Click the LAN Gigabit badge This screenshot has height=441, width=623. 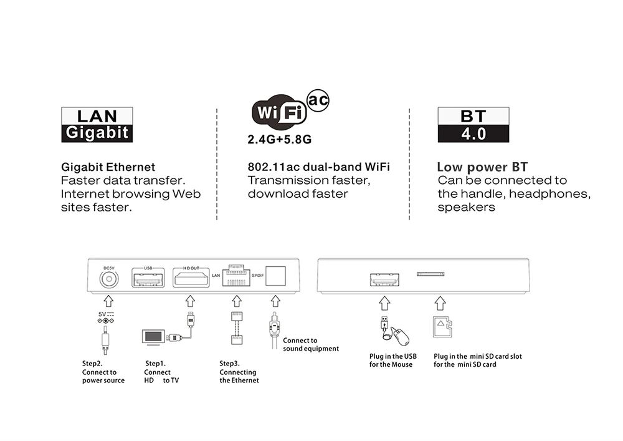pos(97,125)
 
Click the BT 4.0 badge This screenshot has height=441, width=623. pos(473,125)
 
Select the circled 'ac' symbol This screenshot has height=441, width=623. pos(318,100)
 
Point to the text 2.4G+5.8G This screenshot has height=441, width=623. pos(279,140)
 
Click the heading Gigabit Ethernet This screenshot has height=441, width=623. pos(108,167)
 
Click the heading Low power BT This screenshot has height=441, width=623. pos(482,167)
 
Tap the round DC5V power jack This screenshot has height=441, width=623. pos(109,279)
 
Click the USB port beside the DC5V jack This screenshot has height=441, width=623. pos(148,278)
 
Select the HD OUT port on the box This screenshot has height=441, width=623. pos(191,278)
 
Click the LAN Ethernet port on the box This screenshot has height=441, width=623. pos(236,276)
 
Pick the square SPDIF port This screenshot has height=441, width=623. pos(276,276)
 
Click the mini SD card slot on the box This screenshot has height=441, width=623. pos(430,274)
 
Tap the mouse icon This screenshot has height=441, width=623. pos(400,336)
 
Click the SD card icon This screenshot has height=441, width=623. pos(442,327)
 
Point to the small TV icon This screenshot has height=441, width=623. pos(153,337)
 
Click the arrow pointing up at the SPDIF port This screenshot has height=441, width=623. pos(276,301)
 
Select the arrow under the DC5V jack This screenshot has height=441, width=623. pos(108,301)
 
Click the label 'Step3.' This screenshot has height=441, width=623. pos(230,364)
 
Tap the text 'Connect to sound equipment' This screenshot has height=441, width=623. pos(311,345)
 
